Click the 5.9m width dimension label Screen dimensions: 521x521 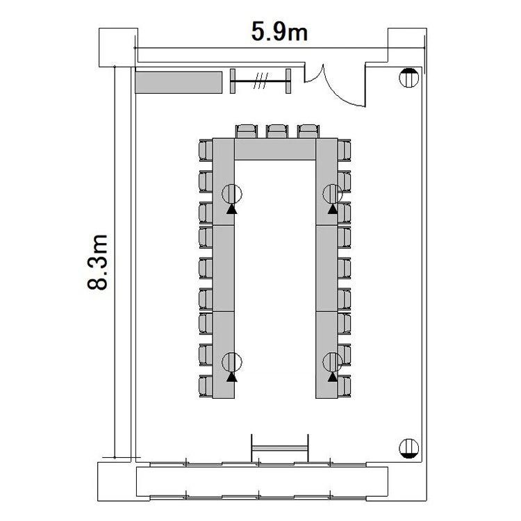click(x=279, y=31)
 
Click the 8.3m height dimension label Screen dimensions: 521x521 click(x=98, y=262)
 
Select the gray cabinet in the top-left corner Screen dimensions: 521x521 click(x=179, y=83)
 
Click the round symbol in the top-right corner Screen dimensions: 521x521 click(x=408, y=78)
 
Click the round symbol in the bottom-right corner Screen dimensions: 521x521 click(x=408, y=448)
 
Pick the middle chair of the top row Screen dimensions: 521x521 click(x=276, y=131)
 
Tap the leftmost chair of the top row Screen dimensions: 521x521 click(x=247, y=131)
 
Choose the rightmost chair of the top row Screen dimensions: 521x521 click(x=308, y=131)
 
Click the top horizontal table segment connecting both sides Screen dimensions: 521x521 click(x=275, y=149)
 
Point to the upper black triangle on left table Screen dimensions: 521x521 click(x=232, y=209)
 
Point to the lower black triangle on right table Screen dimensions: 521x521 click(x=332, y=377)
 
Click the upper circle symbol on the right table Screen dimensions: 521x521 click(x=332, y=194)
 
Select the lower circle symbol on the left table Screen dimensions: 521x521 click(x=232, y=361)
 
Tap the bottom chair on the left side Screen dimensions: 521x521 click(x=206, y=386)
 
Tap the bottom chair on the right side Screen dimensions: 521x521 click(x=345, y=386)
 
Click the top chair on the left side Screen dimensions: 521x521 click(x=206, y=151)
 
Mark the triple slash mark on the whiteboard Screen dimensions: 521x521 click(x=260, y=81)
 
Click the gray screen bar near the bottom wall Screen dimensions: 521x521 click(x=280, y=448)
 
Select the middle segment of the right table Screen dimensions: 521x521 click(x=326, y=268)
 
